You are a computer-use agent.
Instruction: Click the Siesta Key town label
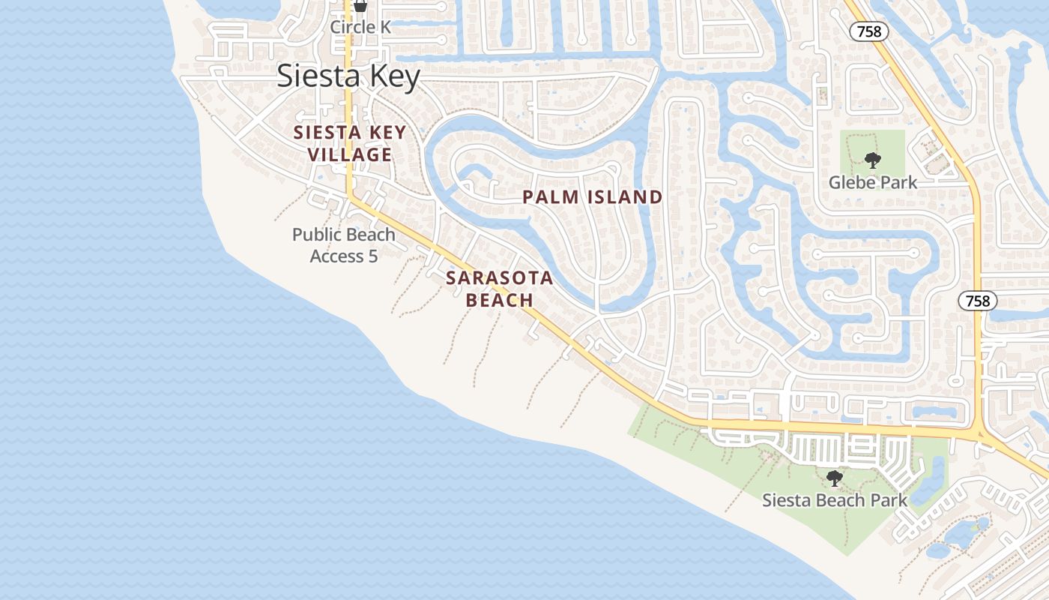point(348,76)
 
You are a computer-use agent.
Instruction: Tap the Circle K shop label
point(361,27)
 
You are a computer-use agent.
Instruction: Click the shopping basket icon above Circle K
point(360,6)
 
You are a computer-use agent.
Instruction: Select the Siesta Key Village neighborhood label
point(349,144)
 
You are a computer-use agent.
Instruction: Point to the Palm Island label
point(593,197)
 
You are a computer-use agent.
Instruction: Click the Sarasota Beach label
point(500,289)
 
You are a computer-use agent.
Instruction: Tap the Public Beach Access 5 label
point(344,245)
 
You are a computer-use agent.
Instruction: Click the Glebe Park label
point(873,181)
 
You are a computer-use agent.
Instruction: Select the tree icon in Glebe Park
point(871,159)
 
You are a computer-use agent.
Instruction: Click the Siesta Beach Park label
point(835,500)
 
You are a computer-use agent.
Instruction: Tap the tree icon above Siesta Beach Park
point(833,478)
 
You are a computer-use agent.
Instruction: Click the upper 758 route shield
point(869,31)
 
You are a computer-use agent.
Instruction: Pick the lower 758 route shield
point(978,301)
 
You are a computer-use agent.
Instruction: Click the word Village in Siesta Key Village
point(349,155)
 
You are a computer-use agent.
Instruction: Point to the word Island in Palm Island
point(626,197)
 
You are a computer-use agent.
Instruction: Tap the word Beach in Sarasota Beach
point(500,300)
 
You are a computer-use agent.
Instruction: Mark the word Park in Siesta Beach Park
point(889,500)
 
